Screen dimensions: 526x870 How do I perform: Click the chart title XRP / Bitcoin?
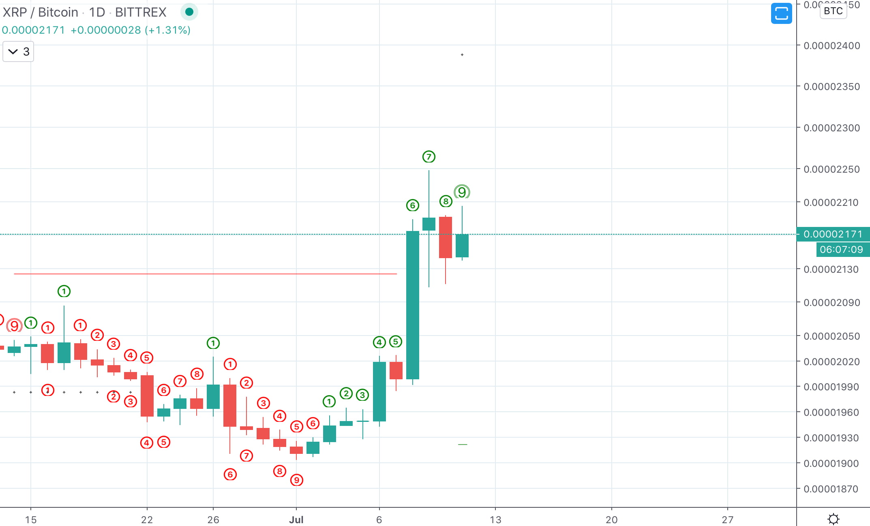coord(41,12)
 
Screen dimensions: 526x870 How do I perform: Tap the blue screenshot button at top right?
coord(781,13)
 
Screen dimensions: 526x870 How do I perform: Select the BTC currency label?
coord(833,11)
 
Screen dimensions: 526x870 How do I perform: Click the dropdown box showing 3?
coord(18,52)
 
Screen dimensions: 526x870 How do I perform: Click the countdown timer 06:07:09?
coord(841,250)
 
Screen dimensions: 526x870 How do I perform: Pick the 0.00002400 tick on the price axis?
coord(831,46)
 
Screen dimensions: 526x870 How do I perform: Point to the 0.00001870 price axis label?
coord(831,489)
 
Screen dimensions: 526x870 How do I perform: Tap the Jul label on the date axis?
coord(296,520)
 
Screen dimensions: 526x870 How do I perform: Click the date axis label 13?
coord(495,520)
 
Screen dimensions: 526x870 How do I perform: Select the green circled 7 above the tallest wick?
coord(429,157)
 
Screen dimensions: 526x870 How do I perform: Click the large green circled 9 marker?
coord(462,192)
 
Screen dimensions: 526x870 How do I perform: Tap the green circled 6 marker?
coord(412,205)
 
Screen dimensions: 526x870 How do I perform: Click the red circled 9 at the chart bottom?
coord(297,480)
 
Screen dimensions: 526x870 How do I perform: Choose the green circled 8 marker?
coord(446,201)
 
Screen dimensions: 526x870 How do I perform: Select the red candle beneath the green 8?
coord(446,237)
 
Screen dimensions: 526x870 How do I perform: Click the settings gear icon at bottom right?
coord(834,519)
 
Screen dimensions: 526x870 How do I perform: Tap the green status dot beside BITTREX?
coord(189,12)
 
